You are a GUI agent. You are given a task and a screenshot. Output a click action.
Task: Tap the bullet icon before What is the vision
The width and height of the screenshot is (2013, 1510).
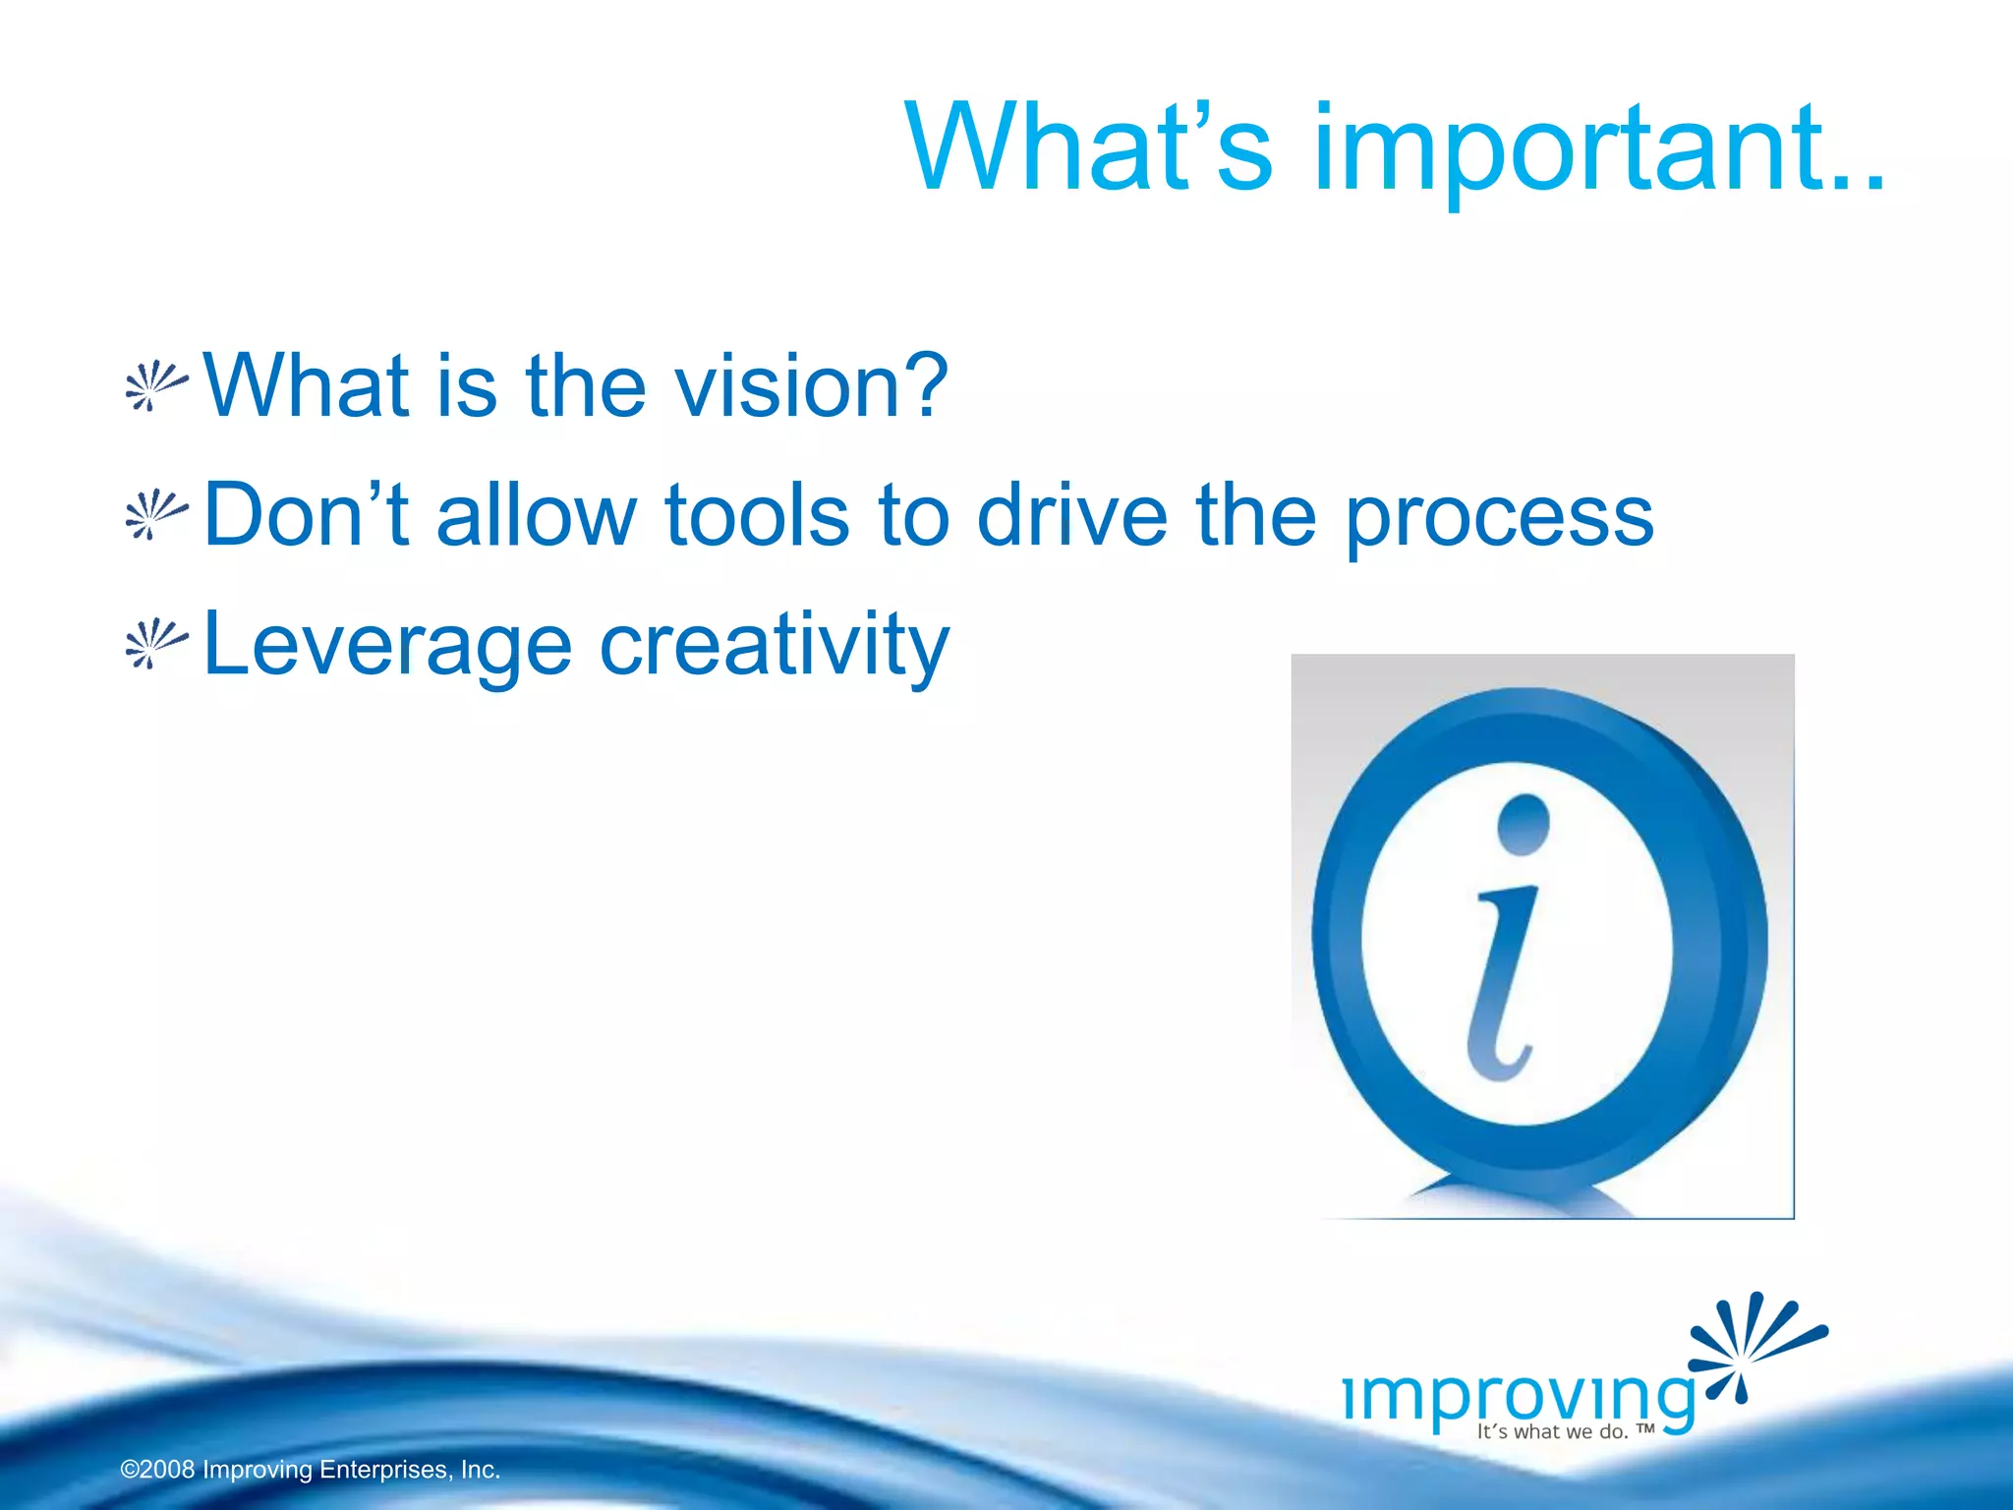coord(155,386)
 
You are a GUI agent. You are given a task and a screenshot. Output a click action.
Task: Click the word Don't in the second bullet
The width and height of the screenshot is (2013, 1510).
coord(306,515)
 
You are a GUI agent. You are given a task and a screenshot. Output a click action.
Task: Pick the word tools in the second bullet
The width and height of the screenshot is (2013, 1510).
coord(757,515)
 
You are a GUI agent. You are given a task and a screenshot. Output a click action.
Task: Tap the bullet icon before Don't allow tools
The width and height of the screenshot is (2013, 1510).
coord(155,515)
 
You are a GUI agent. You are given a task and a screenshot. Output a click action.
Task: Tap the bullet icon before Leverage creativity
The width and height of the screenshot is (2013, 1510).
coord(155,645)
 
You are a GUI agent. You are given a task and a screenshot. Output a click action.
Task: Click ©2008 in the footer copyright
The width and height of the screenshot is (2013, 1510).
coord(157,1470)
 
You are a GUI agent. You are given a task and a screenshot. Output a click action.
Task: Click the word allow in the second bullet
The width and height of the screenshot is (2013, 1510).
coord(537,515)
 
